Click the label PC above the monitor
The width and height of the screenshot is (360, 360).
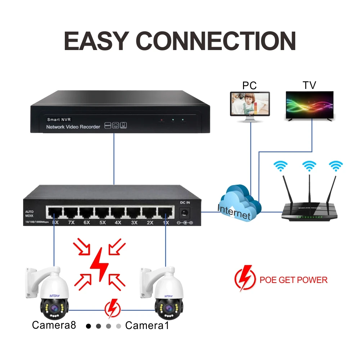[249, 85]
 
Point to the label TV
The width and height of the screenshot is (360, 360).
[309, 85]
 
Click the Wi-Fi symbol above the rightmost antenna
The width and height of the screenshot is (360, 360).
[336, 166]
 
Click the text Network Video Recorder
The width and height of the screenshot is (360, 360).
[73, 127]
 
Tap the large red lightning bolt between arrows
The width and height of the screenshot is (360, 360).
[99, 264]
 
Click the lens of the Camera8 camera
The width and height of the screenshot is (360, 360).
[53, 308]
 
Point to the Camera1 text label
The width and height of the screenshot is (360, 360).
[147, 325]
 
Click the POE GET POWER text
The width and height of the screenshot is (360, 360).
[293, 280]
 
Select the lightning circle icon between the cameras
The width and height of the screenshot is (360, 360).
[113, 309]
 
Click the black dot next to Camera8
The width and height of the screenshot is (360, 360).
[89, 326]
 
